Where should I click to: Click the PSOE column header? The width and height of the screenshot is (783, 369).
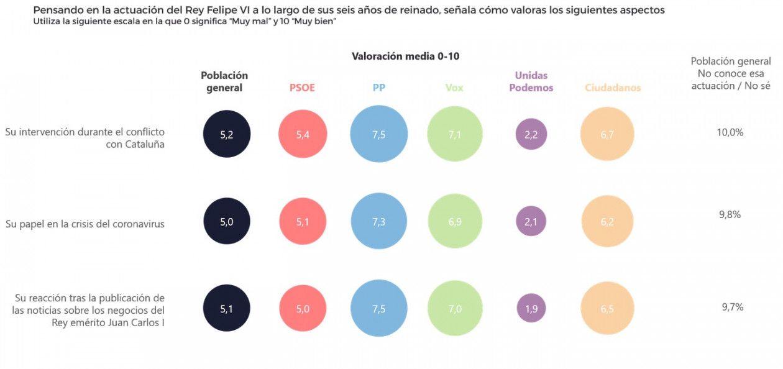tap(302, 88)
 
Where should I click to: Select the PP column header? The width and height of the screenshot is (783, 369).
tap(379, 88)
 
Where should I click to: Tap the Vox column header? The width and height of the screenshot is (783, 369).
tap(454, 88)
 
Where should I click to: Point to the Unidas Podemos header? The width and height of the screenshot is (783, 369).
tap(531, 82)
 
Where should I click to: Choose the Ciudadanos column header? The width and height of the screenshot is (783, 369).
tap(613, 88)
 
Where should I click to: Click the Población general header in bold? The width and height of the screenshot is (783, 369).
tap(224, 81)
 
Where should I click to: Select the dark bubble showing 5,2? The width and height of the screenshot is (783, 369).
tap(227, 134)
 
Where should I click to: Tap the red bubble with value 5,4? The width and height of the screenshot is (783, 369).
tap(303, 135)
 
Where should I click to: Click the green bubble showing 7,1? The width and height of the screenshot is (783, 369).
tap(455, 134)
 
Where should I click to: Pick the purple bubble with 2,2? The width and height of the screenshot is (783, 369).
tap(531, 135)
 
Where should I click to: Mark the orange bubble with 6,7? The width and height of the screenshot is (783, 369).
tap(607, 134)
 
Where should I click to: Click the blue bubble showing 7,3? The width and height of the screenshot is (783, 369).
tap(379, 221)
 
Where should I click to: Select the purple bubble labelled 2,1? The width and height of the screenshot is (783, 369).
tap(531, 222)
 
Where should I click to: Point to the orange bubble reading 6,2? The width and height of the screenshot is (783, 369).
tap(607, 221)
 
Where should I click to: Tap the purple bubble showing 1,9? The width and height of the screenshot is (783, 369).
tap(531, 309)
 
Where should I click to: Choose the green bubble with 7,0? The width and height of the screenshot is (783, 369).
tap(455, 308)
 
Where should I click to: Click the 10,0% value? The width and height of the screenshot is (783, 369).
tap(731, 132)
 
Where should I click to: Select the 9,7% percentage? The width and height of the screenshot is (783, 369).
tap(732, 307)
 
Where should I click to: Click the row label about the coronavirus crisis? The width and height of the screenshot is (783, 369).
tap(85, 224)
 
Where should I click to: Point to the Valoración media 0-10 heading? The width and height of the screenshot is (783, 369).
tap(405, 56)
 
